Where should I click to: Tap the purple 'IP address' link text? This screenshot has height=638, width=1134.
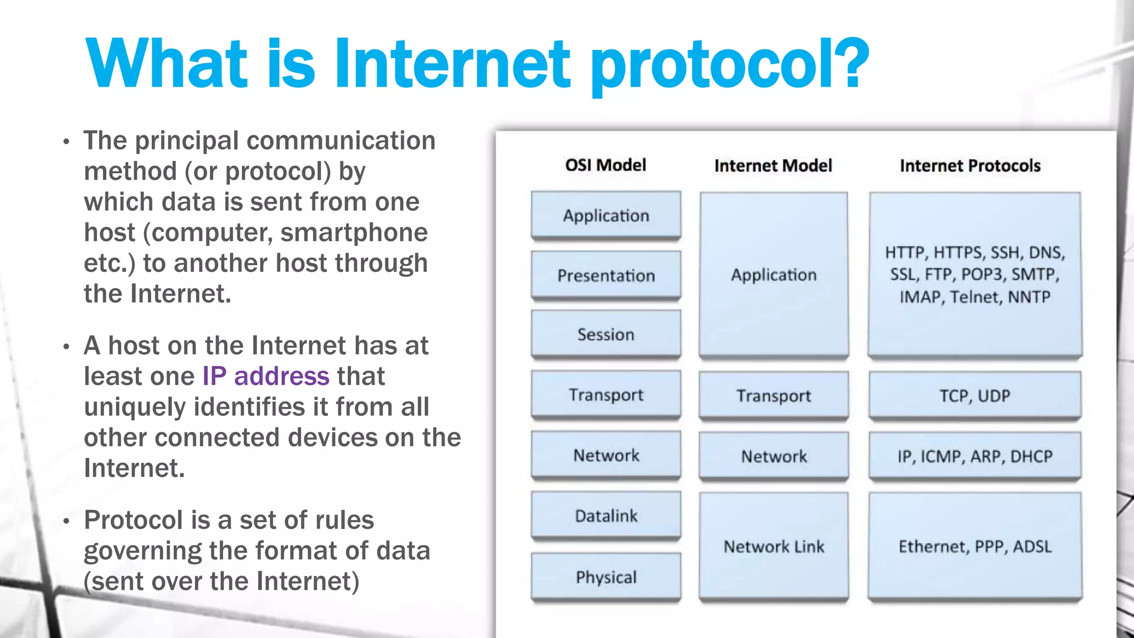click(266, 377)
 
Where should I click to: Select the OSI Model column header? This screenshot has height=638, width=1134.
click(606, 165)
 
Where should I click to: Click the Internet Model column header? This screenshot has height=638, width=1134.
click(773, 166)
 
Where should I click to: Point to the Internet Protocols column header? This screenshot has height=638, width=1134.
click(970, 166)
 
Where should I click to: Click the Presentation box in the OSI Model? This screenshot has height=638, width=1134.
click(606, 275)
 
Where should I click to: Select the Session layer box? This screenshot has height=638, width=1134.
click(606, 335)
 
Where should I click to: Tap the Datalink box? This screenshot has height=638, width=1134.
click(606, 516)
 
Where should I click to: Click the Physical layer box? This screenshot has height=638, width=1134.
click(606, 577)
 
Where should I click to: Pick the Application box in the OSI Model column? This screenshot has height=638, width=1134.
click(606, 215)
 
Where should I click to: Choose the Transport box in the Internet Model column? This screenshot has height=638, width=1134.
click(774, 395)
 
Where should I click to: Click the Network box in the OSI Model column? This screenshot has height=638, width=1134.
click(606, 455)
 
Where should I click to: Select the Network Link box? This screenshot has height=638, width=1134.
click(774, 547)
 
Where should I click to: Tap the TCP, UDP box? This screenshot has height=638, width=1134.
click(975, 395)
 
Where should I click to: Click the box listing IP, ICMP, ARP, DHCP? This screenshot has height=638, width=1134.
click(975, 456)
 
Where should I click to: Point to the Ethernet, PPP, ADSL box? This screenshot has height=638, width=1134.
click(975, 547)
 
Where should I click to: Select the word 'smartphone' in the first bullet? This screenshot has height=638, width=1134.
click(354, 233)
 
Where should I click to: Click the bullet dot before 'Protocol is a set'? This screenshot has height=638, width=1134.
click(66, 522)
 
